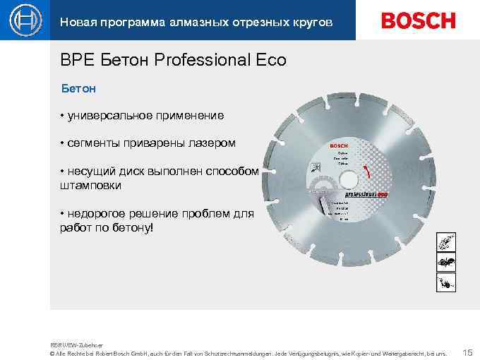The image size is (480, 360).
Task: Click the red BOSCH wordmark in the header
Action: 418,20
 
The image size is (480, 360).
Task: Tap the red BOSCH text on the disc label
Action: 339,145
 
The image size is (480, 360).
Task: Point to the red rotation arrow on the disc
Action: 366,173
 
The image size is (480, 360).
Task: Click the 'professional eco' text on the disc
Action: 366,193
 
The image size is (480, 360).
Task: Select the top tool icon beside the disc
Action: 445,242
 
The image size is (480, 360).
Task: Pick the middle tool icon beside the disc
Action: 445,262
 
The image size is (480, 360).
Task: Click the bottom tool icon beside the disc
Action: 445,282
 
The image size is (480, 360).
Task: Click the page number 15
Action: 467,351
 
